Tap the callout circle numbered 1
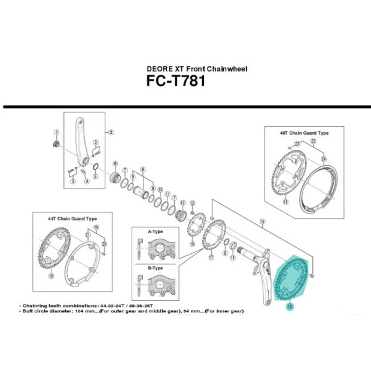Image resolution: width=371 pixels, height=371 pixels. click(56, 133)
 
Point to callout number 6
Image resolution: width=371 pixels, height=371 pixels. click(114, 163)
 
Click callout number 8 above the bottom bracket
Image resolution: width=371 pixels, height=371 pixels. click(142, 171)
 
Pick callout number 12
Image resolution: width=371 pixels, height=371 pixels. click(183, 203)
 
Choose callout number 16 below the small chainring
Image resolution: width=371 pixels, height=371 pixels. click(192, 244)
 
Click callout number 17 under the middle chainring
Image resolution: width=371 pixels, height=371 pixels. click(211, 259)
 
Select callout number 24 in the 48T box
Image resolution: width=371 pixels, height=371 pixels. click(324, 159)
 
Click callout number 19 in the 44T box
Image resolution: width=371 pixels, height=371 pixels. click(96, 229)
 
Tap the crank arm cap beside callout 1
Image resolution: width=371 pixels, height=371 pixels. click(56, 145)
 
